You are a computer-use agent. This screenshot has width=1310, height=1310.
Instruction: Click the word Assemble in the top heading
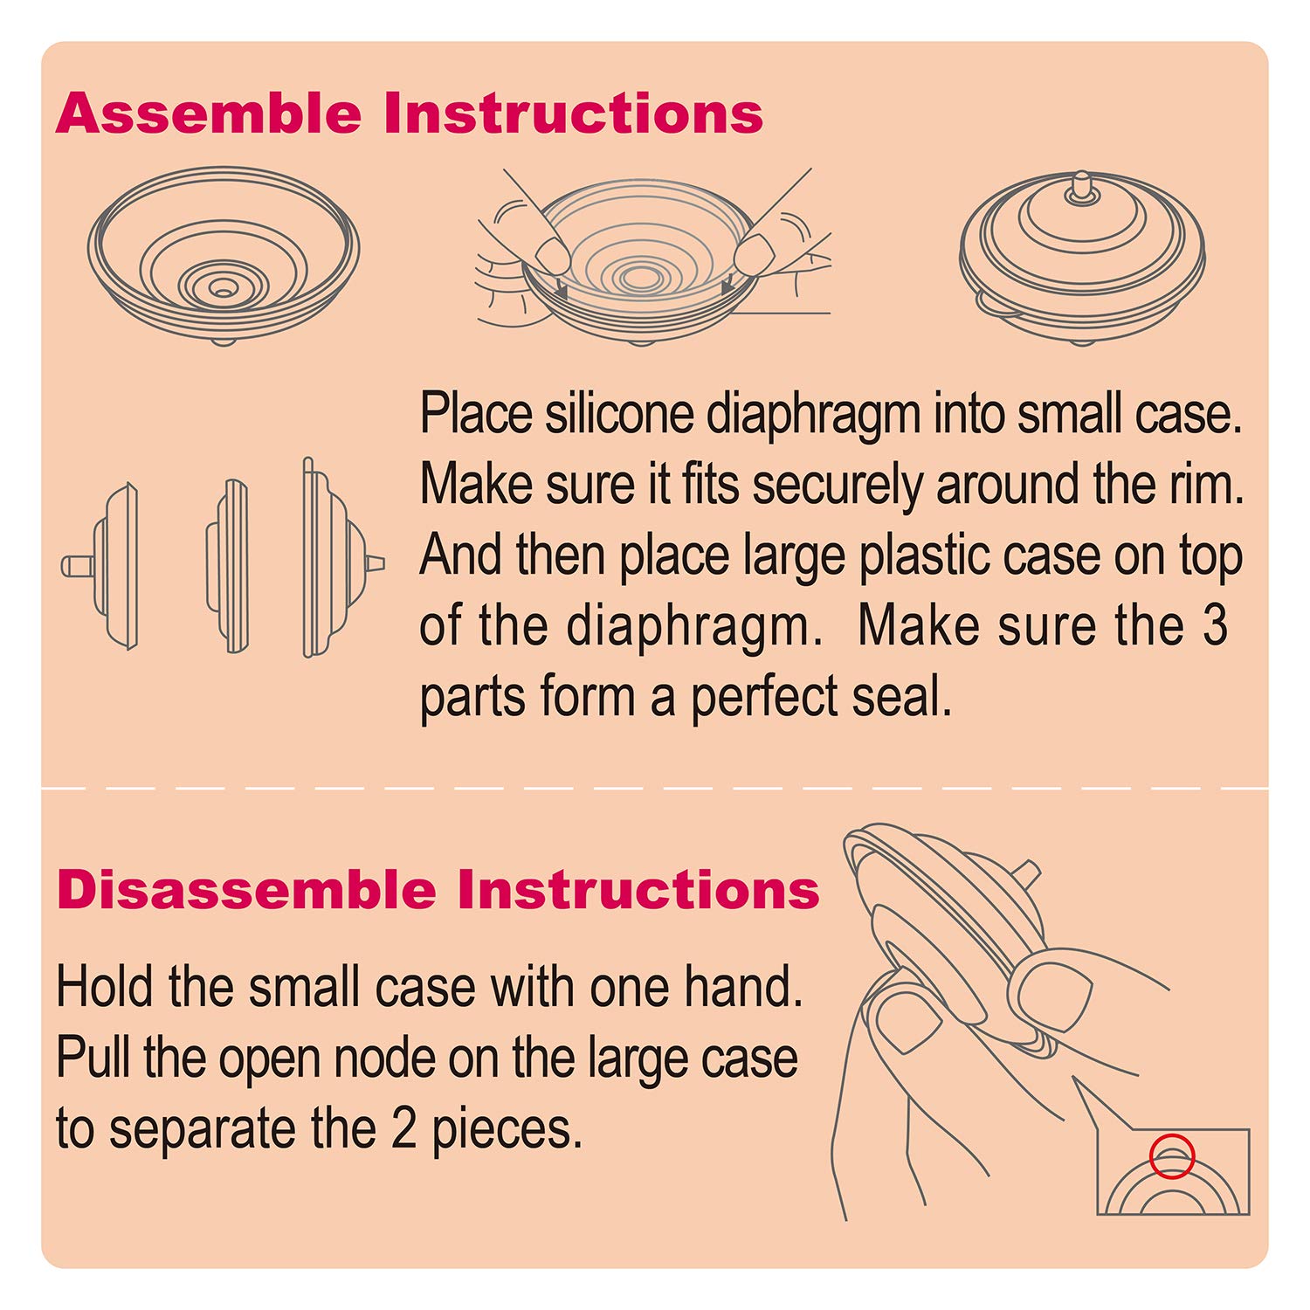(x=209, y=114)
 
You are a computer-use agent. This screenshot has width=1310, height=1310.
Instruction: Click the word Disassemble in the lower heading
(x=247, y=890)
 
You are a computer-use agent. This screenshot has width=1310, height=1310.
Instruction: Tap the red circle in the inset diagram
(x=1171, y=1156)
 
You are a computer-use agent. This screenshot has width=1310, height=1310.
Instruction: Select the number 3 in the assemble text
(x=1215, y=625)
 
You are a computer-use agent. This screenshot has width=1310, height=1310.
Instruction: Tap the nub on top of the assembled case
(x=1082, y=186)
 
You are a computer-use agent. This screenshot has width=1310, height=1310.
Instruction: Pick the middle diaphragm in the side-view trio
(x=228, y=565)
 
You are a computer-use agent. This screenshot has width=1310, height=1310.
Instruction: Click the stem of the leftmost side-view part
(x=77, y=566)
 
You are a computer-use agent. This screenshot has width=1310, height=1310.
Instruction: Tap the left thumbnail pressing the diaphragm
(x=552, y=255)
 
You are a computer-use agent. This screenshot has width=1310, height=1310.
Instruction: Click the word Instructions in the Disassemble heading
(x=638, y=890)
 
